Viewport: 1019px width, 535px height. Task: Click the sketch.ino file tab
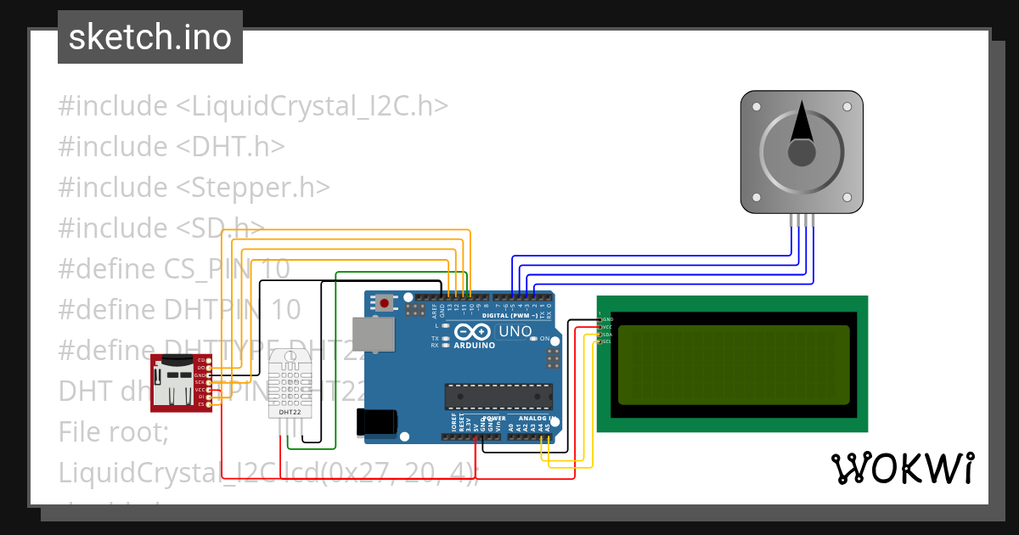149,37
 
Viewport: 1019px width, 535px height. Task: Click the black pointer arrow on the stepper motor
801,122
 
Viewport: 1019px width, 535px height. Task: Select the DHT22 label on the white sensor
289,412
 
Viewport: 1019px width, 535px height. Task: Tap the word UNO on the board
514,331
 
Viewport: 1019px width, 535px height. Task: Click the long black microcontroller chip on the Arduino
498,396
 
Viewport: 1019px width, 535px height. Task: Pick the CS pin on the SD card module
202,404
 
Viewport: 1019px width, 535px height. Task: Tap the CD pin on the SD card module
202,361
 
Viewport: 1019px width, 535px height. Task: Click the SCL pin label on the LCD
607,341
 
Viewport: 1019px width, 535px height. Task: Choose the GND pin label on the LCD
607,319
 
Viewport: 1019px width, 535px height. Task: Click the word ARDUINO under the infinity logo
474,345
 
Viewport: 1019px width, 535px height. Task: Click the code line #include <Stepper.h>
194,187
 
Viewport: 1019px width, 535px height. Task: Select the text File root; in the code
114,431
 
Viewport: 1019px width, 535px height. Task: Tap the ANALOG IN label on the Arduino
536,419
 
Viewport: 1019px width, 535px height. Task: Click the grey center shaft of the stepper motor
802,154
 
